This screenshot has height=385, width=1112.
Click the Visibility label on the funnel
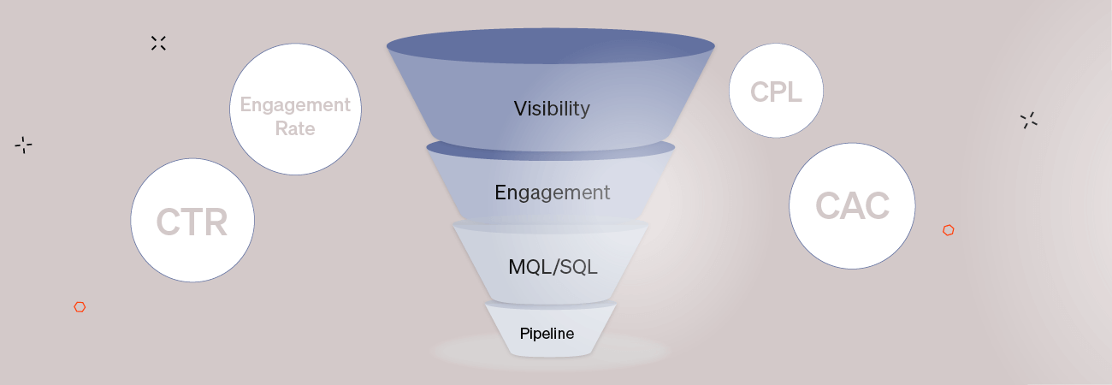(552, 109)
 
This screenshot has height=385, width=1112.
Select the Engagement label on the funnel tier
(552, 192)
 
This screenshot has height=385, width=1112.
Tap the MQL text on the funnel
(530, 266)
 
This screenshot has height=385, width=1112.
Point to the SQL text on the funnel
(578, 266)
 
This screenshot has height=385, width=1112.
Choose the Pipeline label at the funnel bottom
(547, 333)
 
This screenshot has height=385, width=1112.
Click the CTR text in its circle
(192, 222)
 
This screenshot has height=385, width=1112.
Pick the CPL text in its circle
(776, 92)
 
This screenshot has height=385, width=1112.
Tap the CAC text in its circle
(852, 205)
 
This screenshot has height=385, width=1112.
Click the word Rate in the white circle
(295, 129)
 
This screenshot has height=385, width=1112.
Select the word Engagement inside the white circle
(295, 105)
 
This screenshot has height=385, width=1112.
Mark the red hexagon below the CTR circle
(80, 307)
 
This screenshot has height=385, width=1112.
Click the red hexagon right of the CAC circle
(948, 230)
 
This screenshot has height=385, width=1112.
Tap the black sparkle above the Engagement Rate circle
(158, 43)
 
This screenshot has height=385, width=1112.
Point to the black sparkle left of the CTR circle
(23, 145)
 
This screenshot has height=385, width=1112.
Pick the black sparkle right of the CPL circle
(1028, 121)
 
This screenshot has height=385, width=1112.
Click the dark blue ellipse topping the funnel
(550, 46)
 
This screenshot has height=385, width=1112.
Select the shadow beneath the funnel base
(547, 352)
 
